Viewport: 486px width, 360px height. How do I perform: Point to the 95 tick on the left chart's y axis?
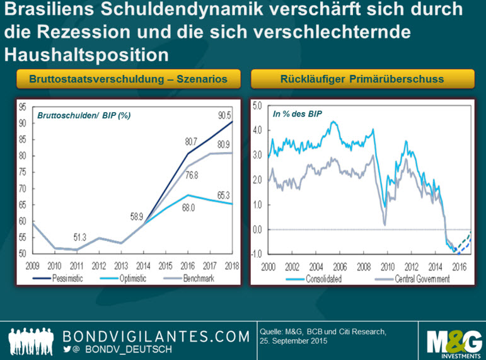pos(21,107)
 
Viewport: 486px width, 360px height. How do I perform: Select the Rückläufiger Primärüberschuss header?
pos(362,79)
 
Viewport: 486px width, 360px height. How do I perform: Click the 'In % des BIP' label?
pos(296,115)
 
